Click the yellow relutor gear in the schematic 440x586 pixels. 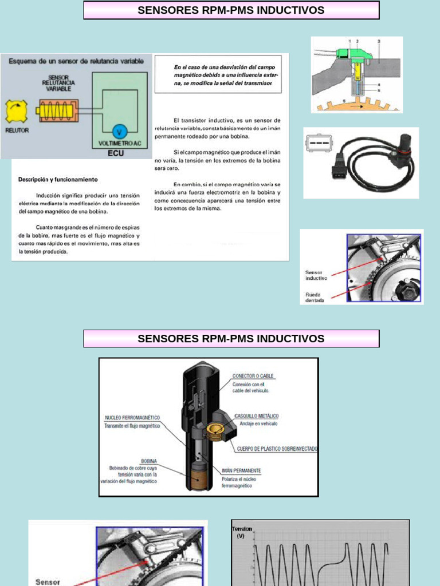point(17,111)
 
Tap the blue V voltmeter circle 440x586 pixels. point(119,130)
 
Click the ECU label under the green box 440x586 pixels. point(116,153)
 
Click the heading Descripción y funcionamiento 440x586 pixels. point(58,179)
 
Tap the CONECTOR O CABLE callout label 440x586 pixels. point(253,377)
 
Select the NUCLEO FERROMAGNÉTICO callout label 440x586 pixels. point(132,418)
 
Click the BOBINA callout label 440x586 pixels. point(149,461)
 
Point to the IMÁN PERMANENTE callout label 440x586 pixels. point(241,470)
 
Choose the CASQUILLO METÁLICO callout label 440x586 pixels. point(256,416)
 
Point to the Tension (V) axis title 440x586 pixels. point(241,532)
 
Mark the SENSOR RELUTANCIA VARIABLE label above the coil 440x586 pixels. point(61,83)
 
